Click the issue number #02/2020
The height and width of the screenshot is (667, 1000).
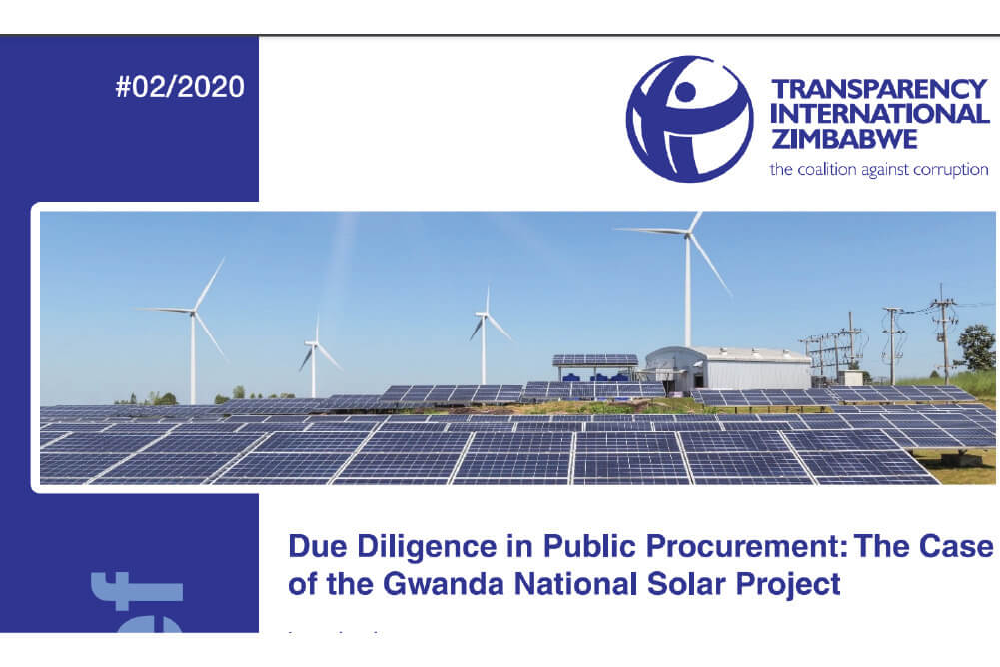pos(179,87)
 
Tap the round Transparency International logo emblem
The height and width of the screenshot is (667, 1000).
pos(689,119)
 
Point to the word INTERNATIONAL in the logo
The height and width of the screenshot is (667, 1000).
pos(879,113)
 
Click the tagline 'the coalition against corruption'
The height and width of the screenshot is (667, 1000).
pos(878,169)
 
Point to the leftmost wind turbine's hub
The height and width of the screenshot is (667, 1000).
pos(193,311)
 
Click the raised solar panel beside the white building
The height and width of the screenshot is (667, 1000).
pos(595,360)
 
